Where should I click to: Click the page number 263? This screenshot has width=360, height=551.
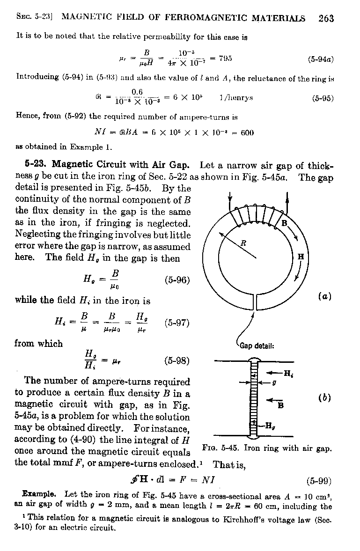point(326,18)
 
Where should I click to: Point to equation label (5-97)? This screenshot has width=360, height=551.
point(177,323)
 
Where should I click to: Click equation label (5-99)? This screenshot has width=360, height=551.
point(319,480)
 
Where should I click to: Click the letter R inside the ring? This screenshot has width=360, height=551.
point(243,243)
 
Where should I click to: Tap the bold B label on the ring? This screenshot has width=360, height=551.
point(284,224)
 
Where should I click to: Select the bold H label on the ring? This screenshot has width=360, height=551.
point(301,257)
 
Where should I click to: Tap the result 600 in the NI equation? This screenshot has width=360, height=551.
point(247,132)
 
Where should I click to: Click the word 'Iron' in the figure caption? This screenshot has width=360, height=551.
point(253,448)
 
